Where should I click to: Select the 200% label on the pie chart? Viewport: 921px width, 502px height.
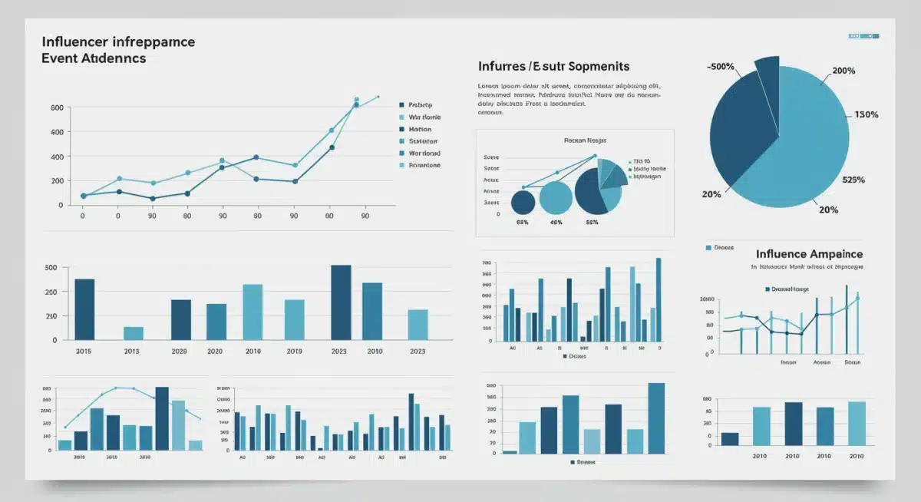pyautogui.click(x=843, y=71)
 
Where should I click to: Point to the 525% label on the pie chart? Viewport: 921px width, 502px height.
pyautogui.click(x=853, y=180)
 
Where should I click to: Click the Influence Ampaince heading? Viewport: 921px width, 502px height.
pyautogui.click(x=809, y=254)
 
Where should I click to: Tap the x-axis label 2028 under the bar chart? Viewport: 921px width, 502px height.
pyautogui.click(x=180, y=351)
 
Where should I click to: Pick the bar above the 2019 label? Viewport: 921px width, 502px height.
pyautogui.click(x=295, y=319)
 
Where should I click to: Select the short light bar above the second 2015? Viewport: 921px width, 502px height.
pyautogui.click(x=134, y=332)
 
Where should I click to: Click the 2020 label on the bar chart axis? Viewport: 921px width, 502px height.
pyautogui.click(x=215, y=351)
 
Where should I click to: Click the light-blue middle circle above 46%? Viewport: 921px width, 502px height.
pyautogui.click(x=556, y=198)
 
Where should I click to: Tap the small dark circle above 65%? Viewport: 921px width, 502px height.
pyautogui.click(x=523, y=203)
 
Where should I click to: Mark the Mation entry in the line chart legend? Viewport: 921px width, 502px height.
pyautogui.click(x=421, y=129)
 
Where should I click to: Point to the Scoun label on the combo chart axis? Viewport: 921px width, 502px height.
pyautogui.click(x=852, y=362)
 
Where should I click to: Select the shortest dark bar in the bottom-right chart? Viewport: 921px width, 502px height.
pyautogui.click(x=730, y=438)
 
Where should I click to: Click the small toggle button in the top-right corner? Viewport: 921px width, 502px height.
pyautogui.click(x=863, y=36)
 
